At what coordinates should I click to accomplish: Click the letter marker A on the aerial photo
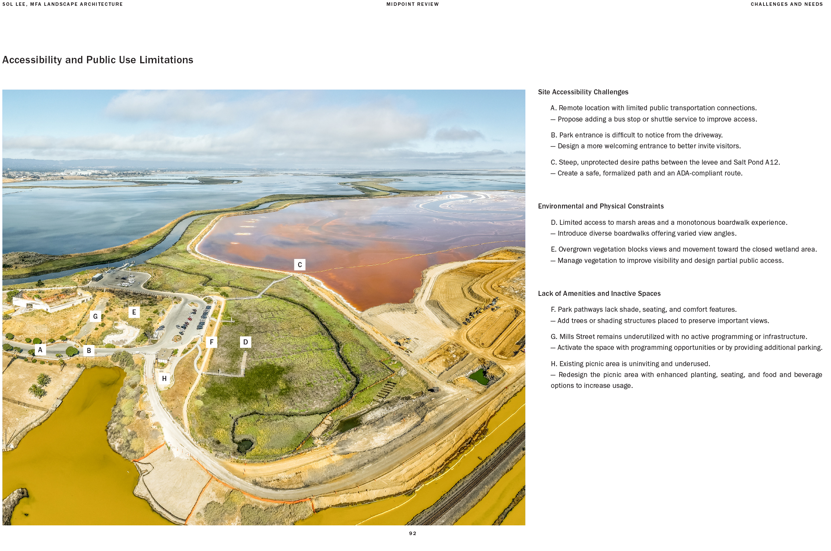pos(40,350)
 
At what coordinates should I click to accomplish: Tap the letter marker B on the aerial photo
pos(89,351)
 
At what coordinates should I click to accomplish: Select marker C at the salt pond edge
pos(300,265)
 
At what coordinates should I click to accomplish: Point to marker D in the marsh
pos(245,342)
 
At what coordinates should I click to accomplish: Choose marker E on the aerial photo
pos(134,312)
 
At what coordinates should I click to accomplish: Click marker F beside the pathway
pos(212,342)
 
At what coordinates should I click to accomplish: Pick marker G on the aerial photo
pos(95,316)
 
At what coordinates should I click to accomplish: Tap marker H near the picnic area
pos(164,379)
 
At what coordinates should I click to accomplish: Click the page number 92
pos(412,534)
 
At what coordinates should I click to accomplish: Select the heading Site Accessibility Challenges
pos(583,92)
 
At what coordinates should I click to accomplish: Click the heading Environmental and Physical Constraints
pos(601,206)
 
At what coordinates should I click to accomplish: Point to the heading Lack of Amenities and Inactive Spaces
pos(599,294)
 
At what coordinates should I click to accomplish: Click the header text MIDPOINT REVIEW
pos(412,4)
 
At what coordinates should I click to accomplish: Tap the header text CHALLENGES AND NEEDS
pos(786,4)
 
